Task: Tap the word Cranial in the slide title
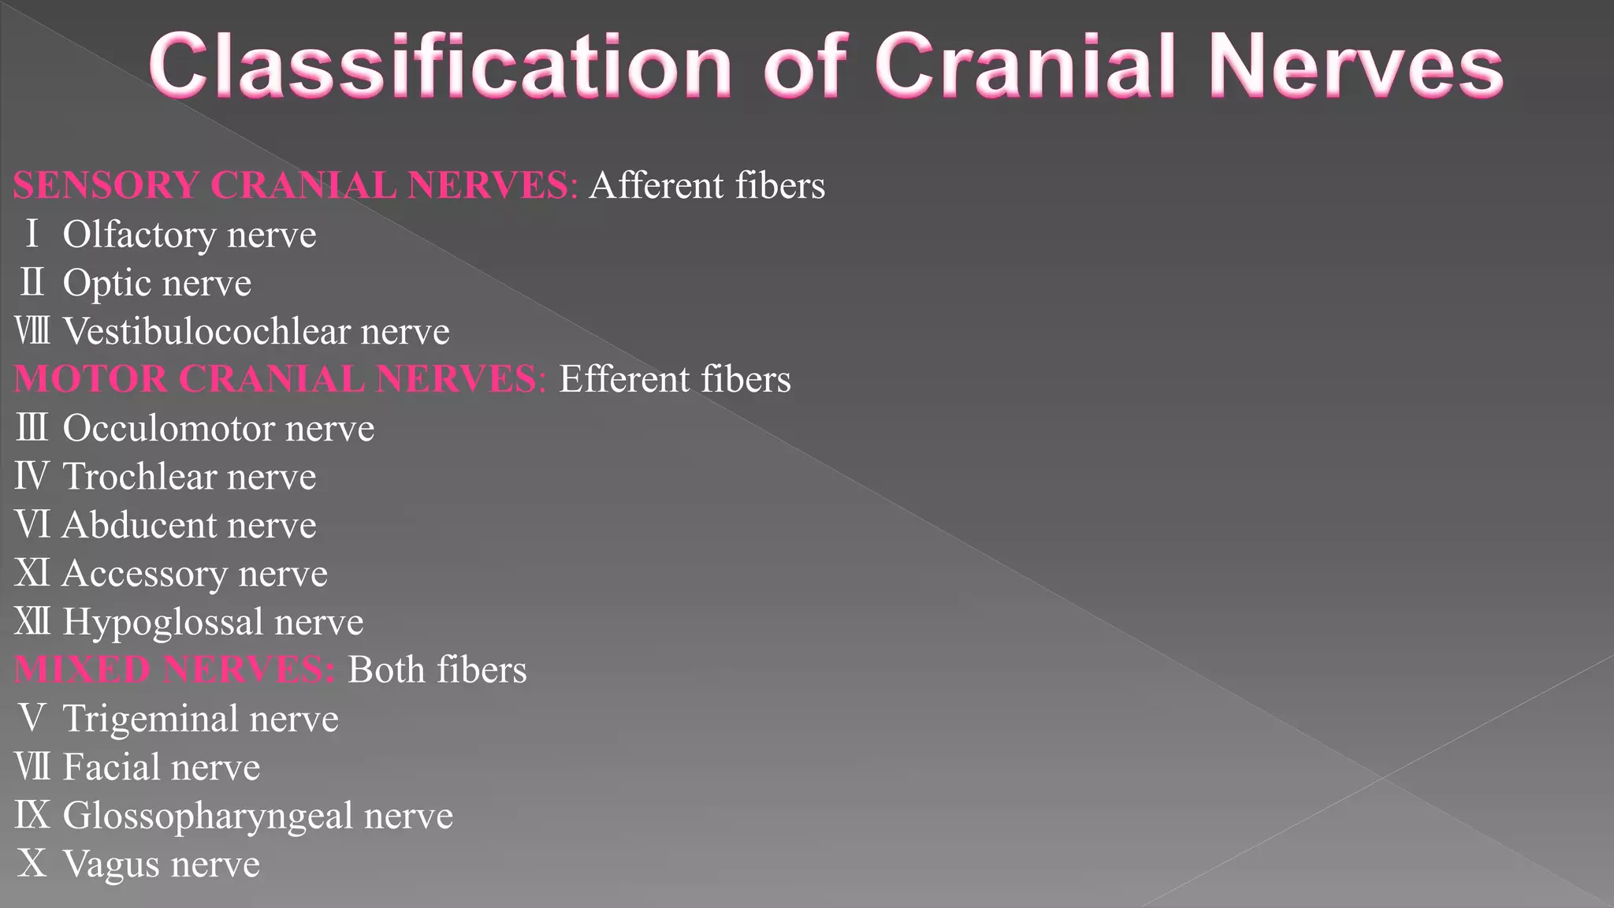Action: [x=1025, y=66]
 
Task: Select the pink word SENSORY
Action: [x=106, y=186]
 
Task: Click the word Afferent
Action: [x=656, y=186]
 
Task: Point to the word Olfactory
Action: [x=139, y=235]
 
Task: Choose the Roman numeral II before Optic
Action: [x=32, y=283]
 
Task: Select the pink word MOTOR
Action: [x=91, y=379]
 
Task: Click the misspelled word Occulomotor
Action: [x=168, y=428]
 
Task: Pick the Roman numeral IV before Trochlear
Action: [x=32, y=476]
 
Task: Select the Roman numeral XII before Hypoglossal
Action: [x=32, y=622]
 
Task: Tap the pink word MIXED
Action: [x=82, y=670]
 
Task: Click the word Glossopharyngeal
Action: [x=207, y=816]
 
